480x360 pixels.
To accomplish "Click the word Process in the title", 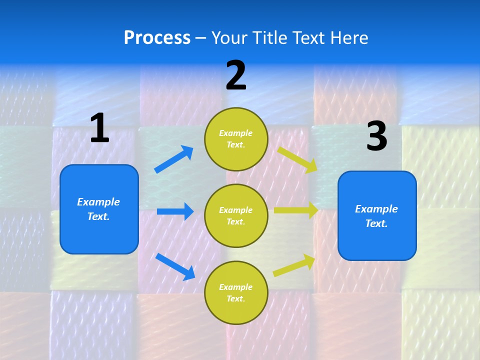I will coord(157,38).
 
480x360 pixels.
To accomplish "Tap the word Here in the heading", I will coord(346,38).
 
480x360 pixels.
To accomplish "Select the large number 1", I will coord(99,128).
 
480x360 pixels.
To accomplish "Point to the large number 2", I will coord(236,75).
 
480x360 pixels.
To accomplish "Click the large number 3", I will coord(376,137).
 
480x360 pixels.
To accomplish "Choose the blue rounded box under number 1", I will coord(99,209).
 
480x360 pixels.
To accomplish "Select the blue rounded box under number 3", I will coord(377,216).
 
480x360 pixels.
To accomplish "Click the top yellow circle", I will coord(236,139).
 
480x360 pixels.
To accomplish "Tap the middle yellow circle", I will coord(236,215).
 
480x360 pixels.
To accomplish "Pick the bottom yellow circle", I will coord(236,292).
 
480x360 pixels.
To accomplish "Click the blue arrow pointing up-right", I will coord(174,159).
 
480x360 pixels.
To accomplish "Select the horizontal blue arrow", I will coord(175,211).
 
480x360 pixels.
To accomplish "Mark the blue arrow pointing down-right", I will coord(175,266).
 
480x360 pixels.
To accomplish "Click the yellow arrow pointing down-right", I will coord(297,159).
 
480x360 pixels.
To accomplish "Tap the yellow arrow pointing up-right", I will coord(294,265).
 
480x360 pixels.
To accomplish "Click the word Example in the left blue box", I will coord(98,202).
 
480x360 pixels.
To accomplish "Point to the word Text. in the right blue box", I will coord(376,223).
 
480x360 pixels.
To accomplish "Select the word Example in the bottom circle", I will coord(236,287).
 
